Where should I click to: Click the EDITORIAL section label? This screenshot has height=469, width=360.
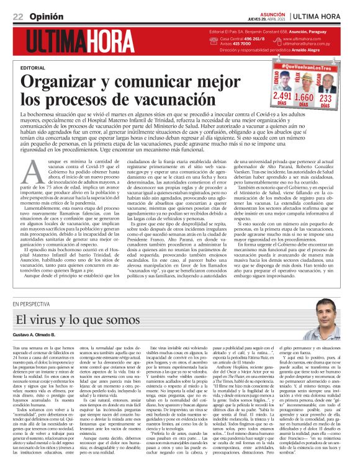pos(32,67)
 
